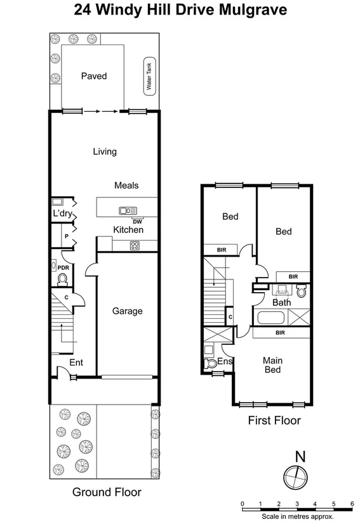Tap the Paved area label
tap(93, 76)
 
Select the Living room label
tap(105, 151)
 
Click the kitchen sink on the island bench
tap(126, 210)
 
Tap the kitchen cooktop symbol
tap(135, 246)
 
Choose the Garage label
tap(127, 311)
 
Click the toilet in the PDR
tap(62, 278)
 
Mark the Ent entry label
tap(76, 363)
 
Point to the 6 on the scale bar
tap(352, 504)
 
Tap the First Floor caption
tap(275, 420)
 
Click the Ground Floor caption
tap(106, 492)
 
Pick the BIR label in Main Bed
tap(280, 332)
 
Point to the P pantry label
tap(65, 236)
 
